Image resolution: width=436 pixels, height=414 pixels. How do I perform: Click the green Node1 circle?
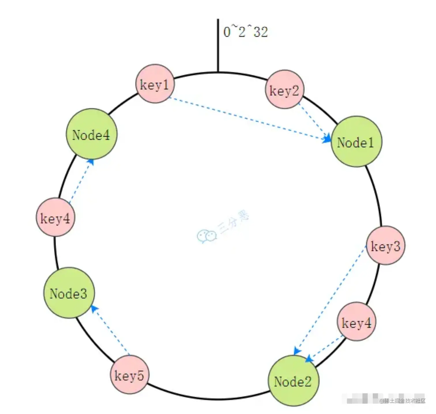(356, 142)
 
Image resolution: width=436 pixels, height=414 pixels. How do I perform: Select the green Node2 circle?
(294, 381)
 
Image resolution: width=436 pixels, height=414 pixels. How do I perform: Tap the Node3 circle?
(69, 293)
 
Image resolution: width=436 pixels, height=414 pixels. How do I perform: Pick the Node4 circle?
(91, 134)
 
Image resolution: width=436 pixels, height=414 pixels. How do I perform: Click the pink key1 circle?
(155, 84)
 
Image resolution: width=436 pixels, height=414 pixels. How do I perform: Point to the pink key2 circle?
(284, 89)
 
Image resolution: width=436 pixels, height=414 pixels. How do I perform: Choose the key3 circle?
(386, 246)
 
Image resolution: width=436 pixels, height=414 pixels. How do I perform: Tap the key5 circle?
(129, 375)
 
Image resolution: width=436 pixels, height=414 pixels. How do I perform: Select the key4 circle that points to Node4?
(55, 217)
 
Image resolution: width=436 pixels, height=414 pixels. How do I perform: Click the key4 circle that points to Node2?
(356, 322)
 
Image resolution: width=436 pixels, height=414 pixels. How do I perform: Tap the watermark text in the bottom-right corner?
(403, 401)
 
